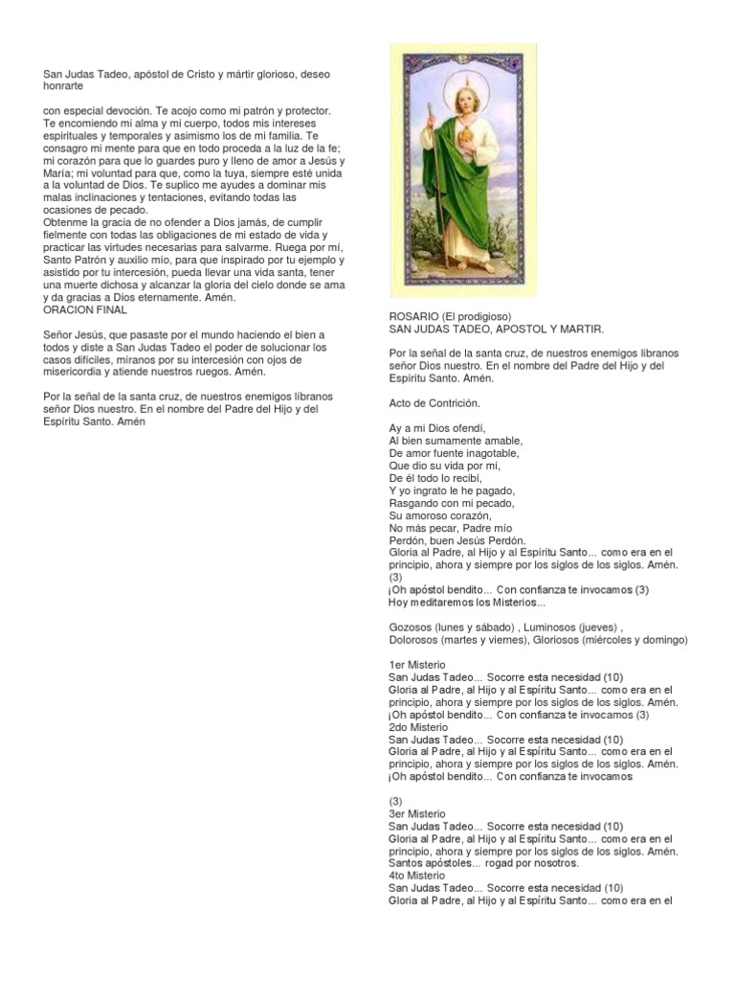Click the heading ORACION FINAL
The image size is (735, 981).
tap(85, 309)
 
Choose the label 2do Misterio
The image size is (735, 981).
tap(418, 727)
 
